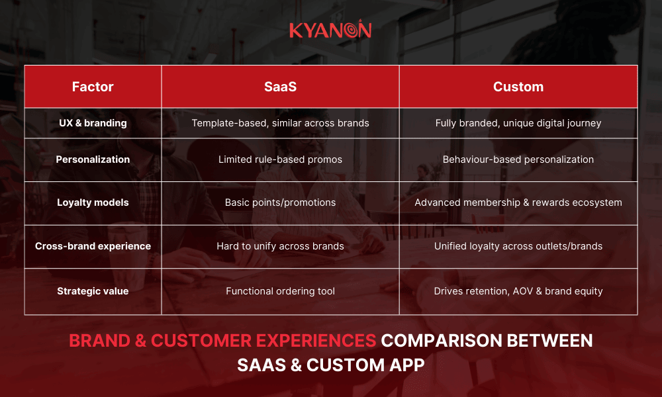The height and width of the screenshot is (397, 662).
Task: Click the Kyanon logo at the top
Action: (x=330, y=30)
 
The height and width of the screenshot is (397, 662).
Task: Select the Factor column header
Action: (x=93, y=87)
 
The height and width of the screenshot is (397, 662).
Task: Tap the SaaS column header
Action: (x=280, y=87)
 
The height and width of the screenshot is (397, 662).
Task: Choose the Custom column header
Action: (x=518, y=87)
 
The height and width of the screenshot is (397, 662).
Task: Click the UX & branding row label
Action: (x=93, y=123)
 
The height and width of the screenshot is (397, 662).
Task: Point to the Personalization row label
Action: (x=93, y=159)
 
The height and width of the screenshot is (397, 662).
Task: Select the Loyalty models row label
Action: (x=93, y=202)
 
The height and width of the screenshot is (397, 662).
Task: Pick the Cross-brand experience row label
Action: (x=93, y=246)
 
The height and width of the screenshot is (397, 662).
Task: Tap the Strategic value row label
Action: (x=93, y=291)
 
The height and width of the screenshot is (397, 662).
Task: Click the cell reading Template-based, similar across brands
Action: (x=280, y=123)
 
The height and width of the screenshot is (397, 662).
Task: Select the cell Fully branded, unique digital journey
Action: (x=518, y=123)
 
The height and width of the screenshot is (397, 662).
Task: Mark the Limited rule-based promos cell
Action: (x=280, y=159)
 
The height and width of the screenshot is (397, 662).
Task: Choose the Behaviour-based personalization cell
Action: (x=518, y=159)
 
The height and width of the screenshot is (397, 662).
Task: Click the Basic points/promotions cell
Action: (x=280, y=202)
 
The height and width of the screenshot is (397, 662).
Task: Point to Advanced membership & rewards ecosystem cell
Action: (x=518, y=202)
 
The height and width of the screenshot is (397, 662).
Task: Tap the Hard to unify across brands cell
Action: (x=280, y=246)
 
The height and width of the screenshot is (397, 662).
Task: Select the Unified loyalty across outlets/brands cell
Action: (x=518, y=246)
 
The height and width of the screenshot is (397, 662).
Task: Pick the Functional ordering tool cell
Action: (x=280, y=291)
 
